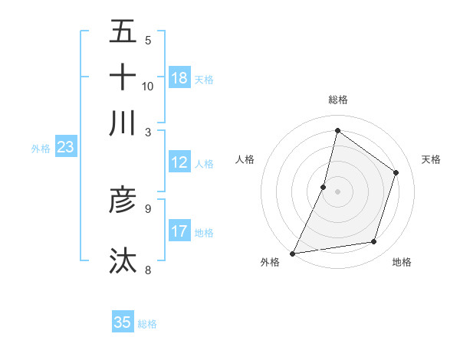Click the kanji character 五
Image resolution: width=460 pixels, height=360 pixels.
(x=123, y=32)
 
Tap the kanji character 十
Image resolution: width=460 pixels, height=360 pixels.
(x=123, y=77)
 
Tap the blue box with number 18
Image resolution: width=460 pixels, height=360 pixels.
(x=179, y=78)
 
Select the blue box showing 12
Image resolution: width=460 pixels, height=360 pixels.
(x=179, y=162)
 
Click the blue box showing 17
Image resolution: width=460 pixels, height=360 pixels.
(x=179, y=231)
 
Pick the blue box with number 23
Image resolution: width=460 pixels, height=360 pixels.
(x=65, y=148)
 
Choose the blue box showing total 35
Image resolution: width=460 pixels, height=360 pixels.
(x=123, y=322)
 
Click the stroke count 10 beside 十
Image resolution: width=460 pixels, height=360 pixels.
(x=148, y=86)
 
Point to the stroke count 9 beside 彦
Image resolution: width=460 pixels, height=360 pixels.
(x=148, y=208)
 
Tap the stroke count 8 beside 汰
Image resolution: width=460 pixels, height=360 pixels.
(x=148, y=269)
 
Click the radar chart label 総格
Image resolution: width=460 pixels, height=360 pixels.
(x=337, y=100)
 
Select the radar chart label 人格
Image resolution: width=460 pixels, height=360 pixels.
(x=245, y=159)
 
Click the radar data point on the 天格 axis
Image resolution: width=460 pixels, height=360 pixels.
(x=396, y=172)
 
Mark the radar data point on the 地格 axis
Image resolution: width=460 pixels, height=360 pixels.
(x=374, y=242)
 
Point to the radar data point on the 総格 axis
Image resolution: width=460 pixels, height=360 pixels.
(x=337, y=130)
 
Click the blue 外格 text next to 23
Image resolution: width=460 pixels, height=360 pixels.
(x=41, y=149)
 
